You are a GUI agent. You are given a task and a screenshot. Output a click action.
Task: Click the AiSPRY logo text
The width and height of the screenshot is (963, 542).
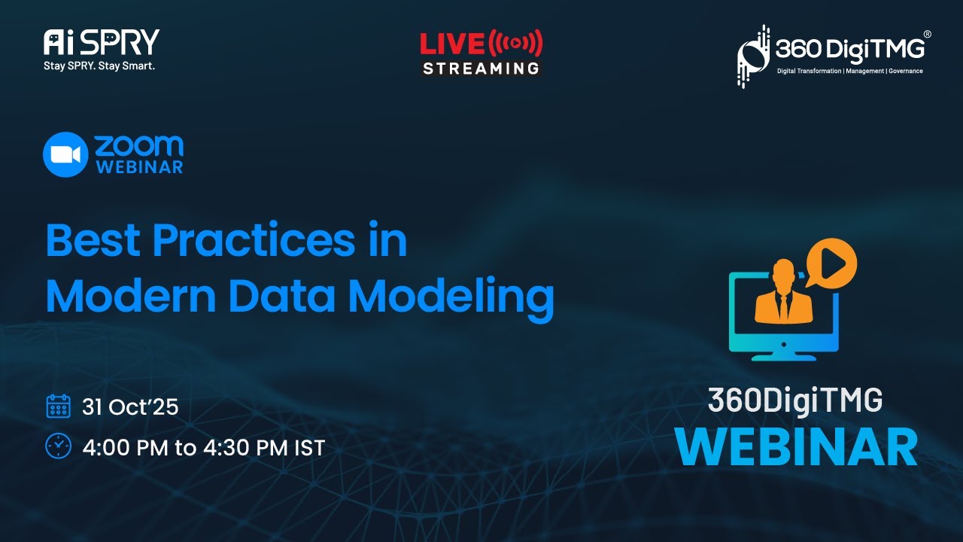101,42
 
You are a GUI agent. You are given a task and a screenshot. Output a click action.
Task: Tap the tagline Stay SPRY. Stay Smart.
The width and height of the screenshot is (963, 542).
99,66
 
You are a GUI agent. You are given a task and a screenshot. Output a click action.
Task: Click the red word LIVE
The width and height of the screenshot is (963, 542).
452,44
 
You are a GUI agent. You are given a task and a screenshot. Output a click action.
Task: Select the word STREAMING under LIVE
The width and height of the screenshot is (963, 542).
481,69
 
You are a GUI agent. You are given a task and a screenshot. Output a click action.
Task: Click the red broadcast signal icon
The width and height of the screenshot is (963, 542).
515,44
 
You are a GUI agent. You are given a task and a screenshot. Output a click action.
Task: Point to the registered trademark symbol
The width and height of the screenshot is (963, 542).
927,34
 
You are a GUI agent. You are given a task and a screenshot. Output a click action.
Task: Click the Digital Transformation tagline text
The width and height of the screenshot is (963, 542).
849,71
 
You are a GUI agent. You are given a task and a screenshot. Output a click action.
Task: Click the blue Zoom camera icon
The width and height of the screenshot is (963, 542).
65,154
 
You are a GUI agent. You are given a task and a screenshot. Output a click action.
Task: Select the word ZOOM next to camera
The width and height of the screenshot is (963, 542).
139,145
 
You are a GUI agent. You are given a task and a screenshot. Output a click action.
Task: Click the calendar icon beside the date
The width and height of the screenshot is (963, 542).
58,406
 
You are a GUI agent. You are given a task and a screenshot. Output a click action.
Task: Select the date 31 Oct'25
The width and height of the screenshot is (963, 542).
130,407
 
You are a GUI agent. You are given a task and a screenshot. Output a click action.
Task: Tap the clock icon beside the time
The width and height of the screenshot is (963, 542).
58,446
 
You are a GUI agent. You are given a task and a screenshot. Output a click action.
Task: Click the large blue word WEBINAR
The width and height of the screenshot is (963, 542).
795,447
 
